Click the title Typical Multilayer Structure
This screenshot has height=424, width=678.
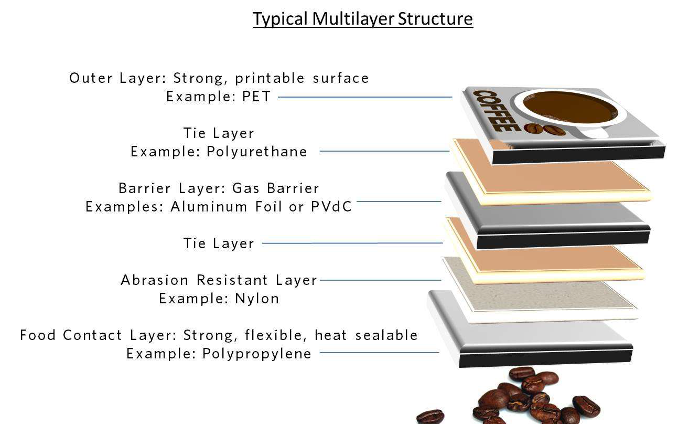point(363,19)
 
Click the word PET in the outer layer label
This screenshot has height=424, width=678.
point(256,97)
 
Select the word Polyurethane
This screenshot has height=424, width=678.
point(256,152)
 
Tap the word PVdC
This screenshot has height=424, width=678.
point(331,207)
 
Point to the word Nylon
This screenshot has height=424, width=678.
point(257,299)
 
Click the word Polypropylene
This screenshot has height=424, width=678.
point(256,354)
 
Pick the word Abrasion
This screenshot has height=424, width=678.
point(155,280)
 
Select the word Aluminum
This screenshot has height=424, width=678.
point(209,207)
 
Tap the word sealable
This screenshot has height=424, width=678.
point(386,335)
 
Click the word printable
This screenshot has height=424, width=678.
point(270,78)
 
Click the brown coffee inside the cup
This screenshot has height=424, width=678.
point(571,108)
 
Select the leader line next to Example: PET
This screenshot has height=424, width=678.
point(365,97)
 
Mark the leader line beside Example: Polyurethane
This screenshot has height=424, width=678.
point(384,151)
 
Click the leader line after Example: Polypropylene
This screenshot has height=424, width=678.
point(379,353)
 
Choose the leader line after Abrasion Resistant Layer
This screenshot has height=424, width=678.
point(380,280)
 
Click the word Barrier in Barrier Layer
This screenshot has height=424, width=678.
point(145,188)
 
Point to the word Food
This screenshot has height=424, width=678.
point(38,335)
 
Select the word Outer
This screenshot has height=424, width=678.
point(91,78)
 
